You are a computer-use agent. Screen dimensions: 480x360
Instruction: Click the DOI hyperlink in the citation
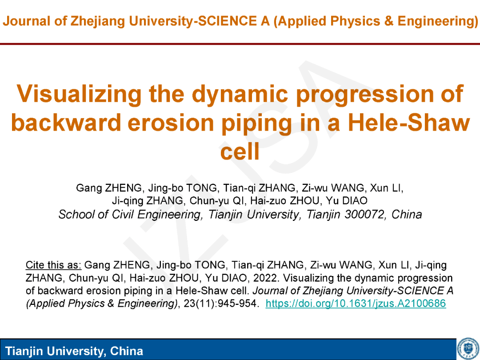click(x=356, y=304)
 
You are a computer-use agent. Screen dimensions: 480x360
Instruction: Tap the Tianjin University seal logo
click(x=468, y=349)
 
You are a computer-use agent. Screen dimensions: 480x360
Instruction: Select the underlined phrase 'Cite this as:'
click(x=54, y=265)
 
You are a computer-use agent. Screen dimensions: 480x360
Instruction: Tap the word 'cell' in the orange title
click(x=240, y=152)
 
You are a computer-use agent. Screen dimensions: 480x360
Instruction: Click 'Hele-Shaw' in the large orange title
click(x=409, y=123)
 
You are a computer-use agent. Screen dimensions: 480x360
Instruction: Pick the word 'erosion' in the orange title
click(x=170, y=123)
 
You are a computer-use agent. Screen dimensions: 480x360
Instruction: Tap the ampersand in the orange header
click(x=388, y=21)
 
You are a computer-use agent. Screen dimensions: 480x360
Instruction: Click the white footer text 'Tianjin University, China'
click(x=74, y=351)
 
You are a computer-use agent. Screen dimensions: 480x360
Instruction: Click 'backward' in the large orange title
click(x=66, y=123)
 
